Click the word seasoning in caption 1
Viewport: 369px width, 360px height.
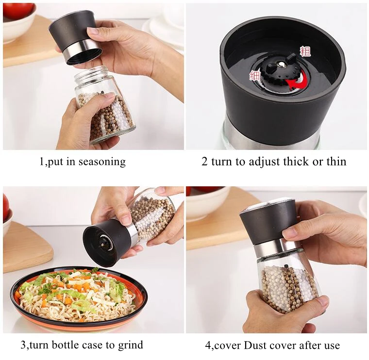pos(102,162)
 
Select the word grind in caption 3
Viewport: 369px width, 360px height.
pos(131,345)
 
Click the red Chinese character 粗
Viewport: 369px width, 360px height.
pos(305,51)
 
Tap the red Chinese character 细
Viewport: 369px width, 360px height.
pos(255,76)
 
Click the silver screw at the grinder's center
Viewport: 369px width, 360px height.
pos(281,65)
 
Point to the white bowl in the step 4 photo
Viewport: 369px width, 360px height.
pos(208,202)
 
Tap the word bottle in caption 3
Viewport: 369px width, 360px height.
pos(65,345)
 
